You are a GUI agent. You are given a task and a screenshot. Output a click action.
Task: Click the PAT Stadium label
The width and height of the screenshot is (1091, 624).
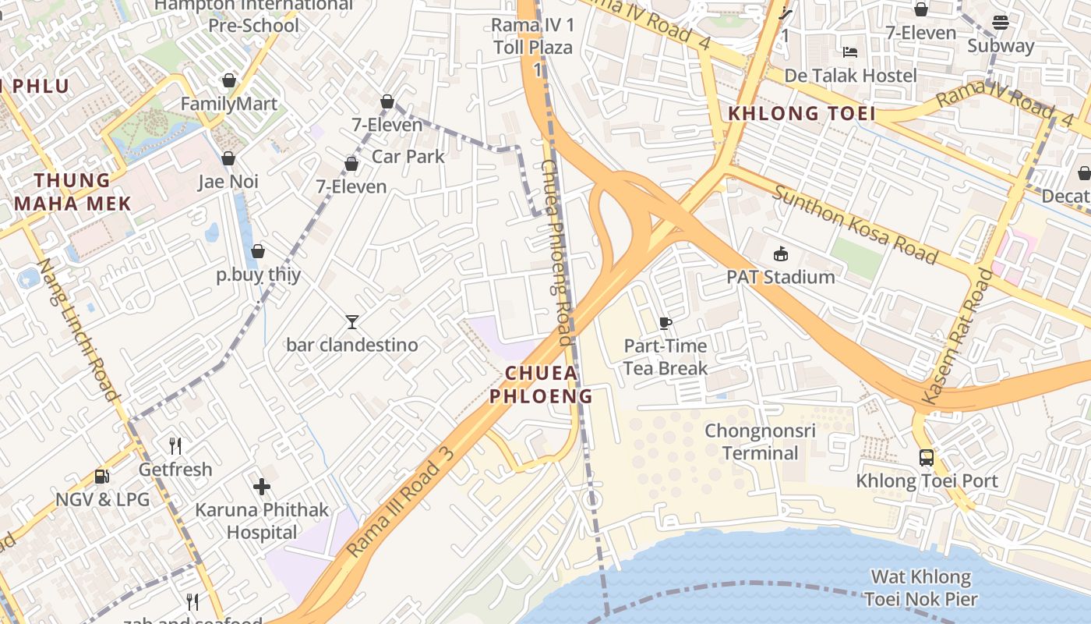click(x=780, y=277)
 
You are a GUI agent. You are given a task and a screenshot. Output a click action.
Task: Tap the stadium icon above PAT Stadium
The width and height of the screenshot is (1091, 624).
click(x=780, y=253)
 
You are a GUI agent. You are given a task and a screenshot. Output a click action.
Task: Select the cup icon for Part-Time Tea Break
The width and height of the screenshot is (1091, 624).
click(x=665, y=323)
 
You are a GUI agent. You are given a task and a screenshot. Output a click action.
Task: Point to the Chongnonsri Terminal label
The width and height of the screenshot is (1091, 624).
click(x=760, y=441)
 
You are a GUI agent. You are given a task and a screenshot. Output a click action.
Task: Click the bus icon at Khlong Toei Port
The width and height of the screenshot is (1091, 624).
click(x=926, y=458)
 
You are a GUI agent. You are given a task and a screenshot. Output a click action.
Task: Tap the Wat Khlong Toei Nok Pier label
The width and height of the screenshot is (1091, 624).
click(x=920, y=588)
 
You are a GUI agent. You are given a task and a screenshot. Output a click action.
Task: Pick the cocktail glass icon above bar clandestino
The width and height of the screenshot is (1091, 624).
click(x=352, y=321)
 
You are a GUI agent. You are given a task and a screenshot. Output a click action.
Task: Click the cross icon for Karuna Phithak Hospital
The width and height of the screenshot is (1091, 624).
click(x=262, y=487)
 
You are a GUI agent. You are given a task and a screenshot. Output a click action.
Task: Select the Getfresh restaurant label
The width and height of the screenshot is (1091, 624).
click(x=175, y=470)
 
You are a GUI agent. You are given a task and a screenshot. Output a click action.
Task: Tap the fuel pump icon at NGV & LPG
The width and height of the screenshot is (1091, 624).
click(x=101, y=477)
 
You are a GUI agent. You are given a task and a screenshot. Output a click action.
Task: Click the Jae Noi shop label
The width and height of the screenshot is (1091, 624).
click(x=228, y=182)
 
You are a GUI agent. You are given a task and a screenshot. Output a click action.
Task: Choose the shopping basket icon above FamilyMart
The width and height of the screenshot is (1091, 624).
click(x=229, y=80)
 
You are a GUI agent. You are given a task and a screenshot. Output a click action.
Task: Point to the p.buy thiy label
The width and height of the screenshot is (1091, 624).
click(x=258, y=275)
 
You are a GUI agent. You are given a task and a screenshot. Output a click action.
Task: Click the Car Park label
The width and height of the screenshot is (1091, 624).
click(x=408, y=156)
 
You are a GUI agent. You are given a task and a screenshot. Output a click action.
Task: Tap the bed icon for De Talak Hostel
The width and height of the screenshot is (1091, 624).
click(x=850, y=52)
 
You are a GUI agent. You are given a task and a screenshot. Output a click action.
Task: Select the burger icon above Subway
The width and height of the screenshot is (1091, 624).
click(x=1001, y=23)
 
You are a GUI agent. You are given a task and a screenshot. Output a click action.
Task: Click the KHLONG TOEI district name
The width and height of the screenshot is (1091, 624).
click(x=801, y=114)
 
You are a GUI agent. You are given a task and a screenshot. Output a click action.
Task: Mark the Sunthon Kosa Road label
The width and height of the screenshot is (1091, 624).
click(x=854, y=225)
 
